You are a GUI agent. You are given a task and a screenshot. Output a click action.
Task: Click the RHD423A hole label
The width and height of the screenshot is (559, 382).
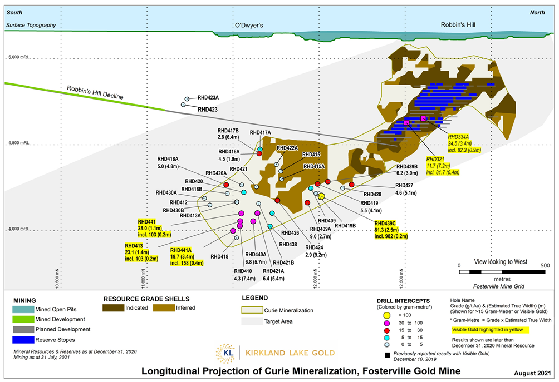click(209, 97)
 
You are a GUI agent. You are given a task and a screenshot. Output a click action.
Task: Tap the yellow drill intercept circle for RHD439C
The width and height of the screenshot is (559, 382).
click(322, 195)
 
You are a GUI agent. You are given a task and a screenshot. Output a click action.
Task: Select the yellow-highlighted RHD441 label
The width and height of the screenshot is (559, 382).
click(146, 221)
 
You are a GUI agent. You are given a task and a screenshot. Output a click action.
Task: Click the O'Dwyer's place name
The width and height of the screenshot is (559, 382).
click(248, 26)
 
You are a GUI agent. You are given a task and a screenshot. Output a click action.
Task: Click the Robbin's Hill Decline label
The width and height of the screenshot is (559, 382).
click(95, 92)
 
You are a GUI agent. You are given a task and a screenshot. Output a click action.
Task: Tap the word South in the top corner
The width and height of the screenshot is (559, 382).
click(14, 12)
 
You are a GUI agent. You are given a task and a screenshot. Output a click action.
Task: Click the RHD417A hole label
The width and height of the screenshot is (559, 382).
click(260, 132)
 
